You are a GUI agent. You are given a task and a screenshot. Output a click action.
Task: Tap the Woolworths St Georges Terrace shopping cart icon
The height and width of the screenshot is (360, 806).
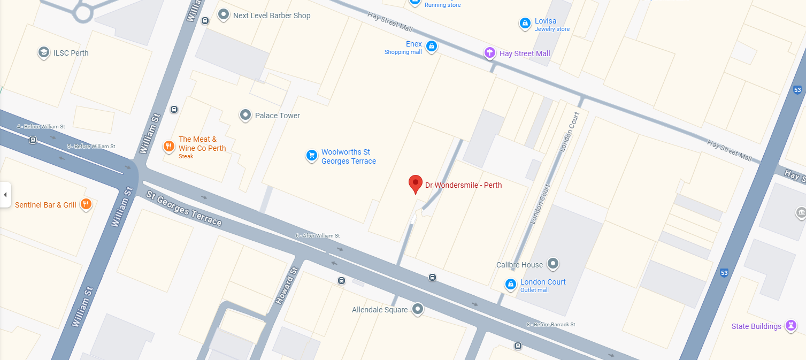coord(311,156)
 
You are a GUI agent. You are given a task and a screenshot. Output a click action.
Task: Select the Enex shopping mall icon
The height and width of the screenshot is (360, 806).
coord(432,47)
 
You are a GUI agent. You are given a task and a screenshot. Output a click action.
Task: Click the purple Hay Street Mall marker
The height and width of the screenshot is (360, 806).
coord(489,53)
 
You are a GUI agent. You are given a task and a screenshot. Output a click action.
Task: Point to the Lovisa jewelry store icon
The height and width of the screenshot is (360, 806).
coord(525,24)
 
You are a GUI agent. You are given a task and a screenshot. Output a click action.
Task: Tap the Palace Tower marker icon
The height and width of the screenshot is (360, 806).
coord(245,115)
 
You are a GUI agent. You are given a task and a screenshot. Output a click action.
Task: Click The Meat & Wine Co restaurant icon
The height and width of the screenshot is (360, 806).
coord(169,146)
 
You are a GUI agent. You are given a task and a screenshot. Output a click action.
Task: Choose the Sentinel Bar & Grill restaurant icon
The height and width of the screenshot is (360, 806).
coord(86,204)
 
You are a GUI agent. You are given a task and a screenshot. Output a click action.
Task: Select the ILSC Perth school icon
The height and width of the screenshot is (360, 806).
coord(43,52)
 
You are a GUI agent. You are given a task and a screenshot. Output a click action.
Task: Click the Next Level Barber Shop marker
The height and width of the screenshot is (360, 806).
coord(224,15)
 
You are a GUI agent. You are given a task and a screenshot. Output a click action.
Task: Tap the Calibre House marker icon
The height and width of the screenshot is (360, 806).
coord(554,264)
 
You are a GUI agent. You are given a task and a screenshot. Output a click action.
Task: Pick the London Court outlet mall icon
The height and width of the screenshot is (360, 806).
coord(511,284)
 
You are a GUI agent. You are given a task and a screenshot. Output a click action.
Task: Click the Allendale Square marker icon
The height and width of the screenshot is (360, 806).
coord(418,309)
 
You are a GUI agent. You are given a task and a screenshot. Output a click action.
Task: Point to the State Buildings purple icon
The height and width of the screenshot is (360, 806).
coord(791,326)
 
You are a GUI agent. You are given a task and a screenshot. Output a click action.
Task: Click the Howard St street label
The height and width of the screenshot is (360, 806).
coord(286,286)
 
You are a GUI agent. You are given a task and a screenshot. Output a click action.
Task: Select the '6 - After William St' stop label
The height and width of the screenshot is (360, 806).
coord(317,236)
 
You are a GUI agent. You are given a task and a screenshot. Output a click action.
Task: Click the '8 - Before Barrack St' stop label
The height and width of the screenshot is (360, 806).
coord(550,325)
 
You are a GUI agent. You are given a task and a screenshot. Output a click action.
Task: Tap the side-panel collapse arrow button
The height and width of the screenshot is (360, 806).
coord(5,195)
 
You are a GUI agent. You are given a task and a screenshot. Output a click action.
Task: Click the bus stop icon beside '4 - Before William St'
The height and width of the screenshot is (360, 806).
coord(33,140)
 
